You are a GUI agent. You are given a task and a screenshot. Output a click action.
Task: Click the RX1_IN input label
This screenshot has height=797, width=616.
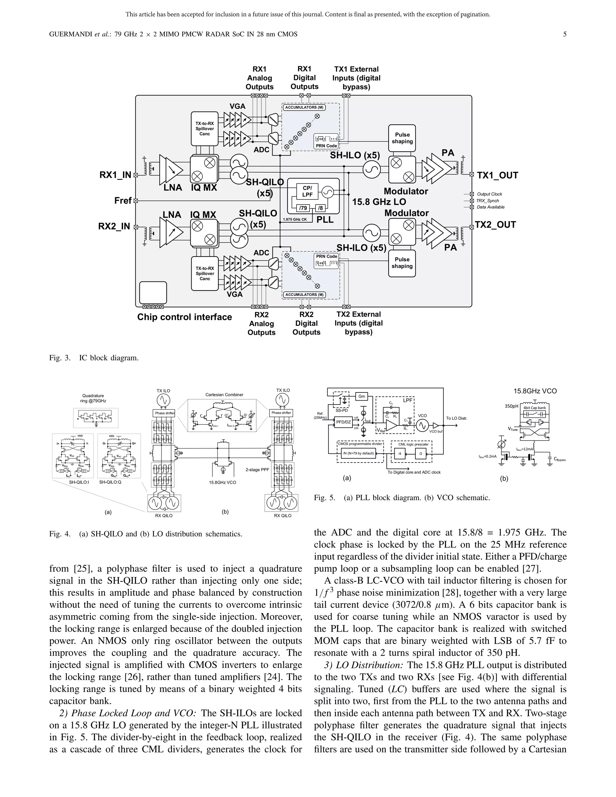[x=115, y=175]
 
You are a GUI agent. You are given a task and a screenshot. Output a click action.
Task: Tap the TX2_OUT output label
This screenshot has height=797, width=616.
[x=495, y=224]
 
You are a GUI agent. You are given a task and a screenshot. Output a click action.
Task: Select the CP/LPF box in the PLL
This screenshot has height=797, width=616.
[x=307, y=192]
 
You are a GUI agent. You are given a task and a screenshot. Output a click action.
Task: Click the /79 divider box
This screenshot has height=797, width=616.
[x=303, y=208]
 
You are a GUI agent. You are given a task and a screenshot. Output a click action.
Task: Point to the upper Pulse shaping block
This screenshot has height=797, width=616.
[x=402, y=138]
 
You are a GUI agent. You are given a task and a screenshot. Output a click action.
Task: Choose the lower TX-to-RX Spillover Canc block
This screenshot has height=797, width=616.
[x=205, y=273]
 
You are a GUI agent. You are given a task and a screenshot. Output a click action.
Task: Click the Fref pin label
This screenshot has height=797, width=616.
[x=123, y=201]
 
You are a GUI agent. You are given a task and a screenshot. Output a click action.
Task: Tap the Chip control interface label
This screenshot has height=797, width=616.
[x=184, y=317]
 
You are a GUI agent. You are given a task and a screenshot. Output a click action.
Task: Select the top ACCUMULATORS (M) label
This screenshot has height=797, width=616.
[x=304, y=107]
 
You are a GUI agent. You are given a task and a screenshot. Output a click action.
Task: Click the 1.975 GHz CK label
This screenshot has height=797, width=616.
[x=295, y=219]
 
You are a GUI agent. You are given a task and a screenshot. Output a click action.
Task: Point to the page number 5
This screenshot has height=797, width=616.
[x=565, y=34]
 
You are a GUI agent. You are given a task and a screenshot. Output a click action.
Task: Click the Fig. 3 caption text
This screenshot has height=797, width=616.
[x=94, y=358]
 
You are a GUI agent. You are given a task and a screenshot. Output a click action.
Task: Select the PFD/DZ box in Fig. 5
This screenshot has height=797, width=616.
[x=343, y=422]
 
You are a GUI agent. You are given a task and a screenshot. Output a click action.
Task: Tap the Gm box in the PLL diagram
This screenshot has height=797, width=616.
[x=361, y=396]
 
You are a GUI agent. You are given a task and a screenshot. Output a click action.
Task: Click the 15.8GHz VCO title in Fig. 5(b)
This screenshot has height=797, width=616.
[x=535, y=391]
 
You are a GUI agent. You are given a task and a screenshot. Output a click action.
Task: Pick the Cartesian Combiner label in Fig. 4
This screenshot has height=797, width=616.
[x=224, y=395]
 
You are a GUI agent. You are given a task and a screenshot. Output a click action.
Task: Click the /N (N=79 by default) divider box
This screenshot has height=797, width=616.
[x=358, y=454]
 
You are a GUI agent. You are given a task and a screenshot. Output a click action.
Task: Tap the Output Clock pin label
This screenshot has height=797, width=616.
[x=489, y=194]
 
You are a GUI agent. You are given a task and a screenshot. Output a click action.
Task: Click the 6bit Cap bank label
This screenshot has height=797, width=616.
[x=534, y=408]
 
